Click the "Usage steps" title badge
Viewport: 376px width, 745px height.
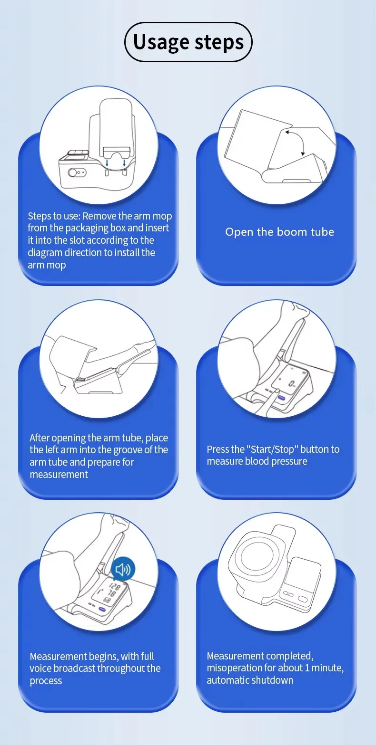[188, 42]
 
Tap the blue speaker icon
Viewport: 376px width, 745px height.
[123, 569]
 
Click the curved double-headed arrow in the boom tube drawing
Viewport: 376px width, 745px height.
[296, 143]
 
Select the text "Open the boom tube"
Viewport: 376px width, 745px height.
[279, 232]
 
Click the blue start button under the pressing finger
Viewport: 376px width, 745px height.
[281, 397]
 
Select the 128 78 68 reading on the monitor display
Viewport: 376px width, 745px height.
[112, 593]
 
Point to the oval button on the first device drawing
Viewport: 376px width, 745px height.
[77, 172]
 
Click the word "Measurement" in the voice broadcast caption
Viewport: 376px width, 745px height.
[58, 656]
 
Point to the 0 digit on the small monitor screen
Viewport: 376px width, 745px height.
[291, 384]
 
